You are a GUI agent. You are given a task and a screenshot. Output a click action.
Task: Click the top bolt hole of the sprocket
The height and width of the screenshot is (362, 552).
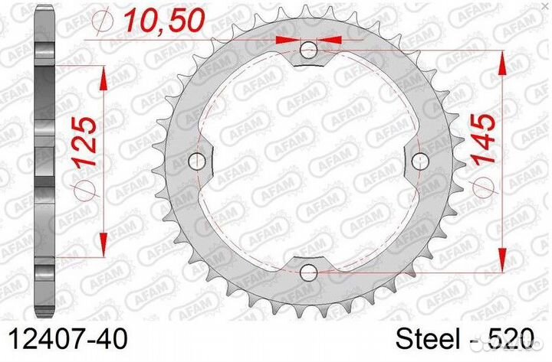click(x=309, y=50)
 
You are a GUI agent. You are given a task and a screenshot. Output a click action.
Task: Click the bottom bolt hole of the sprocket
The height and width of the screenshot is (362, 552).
click(x=309, y=272)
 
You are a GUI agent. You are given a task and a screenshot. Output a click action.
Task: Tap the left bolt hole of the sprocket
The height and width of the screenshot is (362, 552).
click(x=197, y=161)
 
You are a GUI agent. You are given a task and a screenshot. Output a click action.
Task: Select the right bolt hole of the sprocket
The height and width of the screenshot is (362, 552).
click(x=420, y=161)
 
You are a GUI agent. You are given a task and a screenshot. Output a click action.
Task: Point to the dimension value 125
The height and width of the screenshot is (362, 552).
click(x=84, y=142)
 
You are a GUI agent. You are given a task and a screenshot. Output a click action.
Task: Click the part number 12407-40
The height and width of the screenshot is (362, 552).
click(x=67, y=340)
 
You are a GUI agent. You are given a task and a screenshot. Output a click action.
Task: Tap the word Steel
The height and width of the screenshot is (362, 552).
click(x=428, y=340)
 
